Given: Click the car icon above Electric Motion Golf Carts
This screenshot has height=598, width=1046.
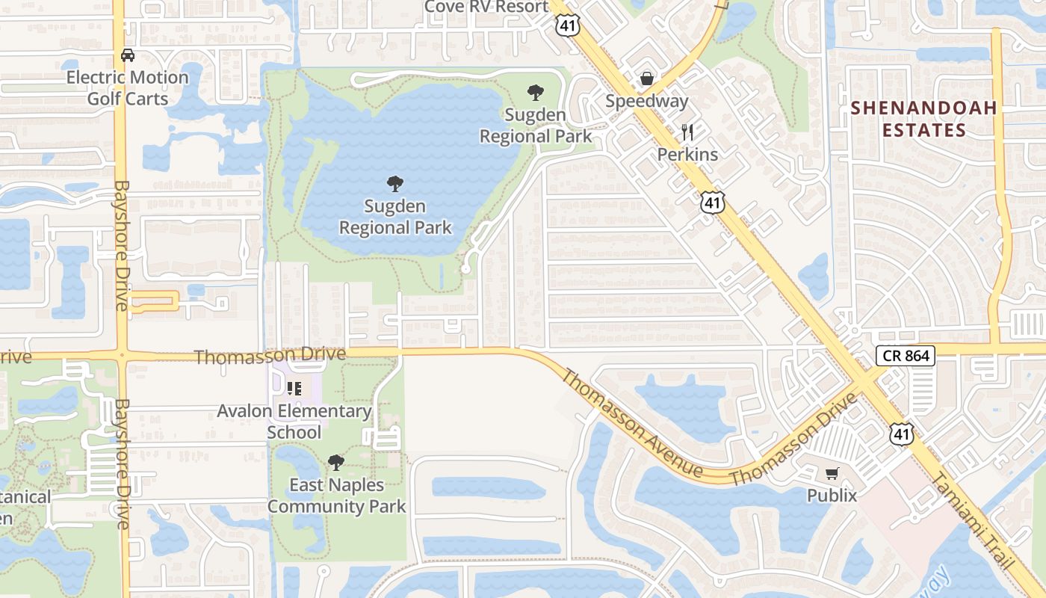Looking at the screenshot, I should click(x=128, y=55).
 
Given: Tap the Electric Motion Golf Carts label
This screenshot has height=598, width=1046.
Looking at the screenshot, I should click(x=128, y=87).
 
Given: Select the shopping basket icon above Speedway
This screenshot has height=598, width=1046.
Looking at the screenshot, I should click(x=647, y=78).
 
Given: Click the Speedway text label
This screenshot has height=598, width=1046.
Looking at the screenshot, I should click(x=647, y=101).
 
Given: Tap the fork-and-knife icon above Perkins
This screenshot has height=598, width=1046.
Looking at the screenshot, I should click(x=687, y=133).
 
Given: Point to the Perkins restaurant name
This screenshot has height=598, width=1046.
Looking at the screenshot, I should click(x=687, y=155).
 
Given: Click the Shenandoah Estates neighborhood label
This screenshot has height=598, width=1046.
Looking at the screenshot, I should click(x=924, y=119).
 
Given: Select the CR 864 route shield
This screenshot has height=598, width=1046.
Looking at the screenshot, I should click(x=906, y=356).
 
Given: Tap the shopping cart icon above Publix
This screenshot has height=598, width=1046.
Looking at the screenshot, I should click(x=832, y=473).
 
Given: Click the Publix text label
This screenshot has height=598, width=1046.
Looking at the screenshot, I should click(x=832, y=495).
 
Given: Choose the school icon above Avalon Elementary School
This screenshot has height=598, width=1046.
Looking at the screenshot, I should click(x=294, y=389).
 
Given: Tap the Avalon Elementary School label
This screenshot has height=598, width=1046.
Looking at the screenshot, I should click(x=294, y=422).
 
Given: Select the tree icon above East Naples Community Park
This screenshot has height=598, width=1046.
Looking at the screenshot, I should click(x=336, y=463).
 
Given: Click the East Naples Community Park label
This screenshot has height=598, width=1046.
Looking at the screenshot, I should click(x=336, y=496).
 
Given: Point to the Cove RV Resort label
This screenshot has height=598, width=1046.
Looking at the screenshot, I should click(x=486, y=7).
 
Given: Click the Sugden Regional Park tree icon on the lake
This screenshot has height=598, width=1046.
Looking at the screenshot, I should click(x=395, y=183).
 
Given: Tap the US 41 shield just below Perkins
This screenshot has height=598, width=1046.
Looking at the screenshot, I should click(x=713, y=203).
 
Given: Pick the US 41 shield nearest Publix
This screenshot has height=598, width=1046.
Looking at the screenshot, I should click(x=902, y=434).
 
